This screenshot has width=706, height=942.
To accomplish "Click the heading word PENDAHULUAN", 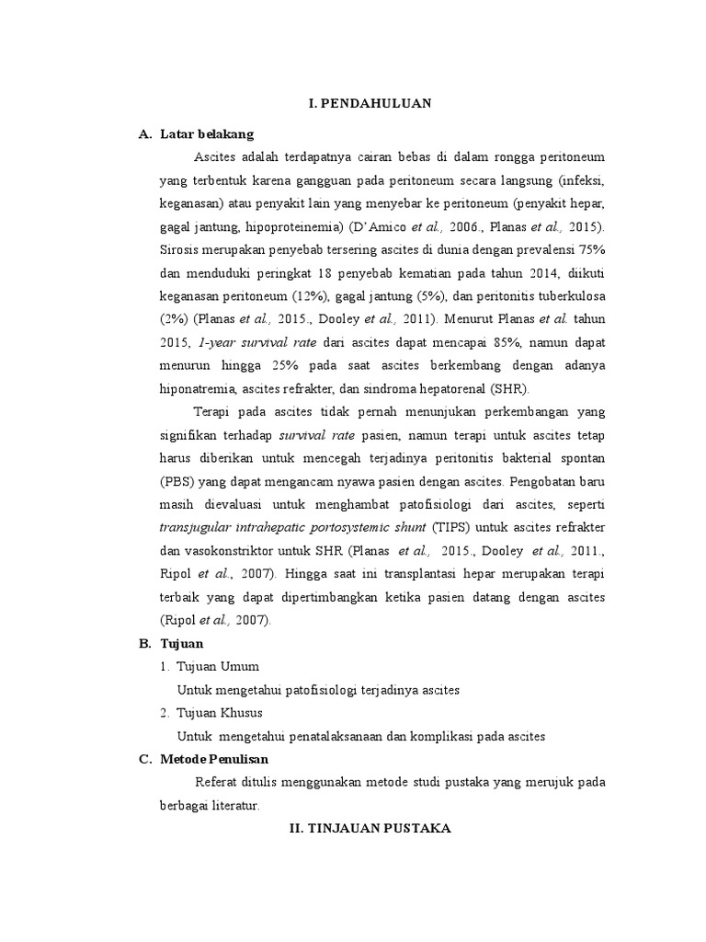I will pos(377,104).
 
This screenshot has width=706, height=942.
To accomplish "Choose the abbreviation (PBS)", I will pos(177,480).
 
